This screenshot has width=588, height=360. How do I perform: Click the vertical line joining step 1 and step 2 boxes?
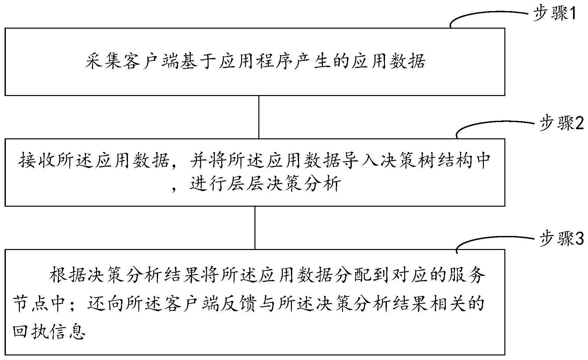[259, 117]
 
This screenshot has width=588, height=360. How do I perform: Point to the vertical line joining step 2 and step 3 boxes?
[255, 228]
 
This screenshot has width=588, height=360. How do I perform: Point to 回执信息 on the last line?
[49, 332]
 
